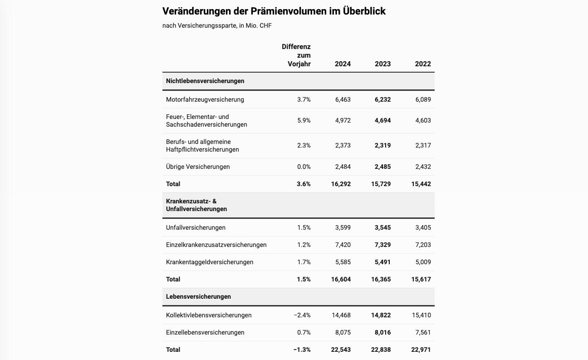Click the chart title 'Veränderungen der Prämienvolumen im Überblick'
pyautogui.click(x=274, y=11)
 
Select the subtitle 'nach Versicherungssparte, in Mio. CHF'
pyautogui.click(x=217, y=25)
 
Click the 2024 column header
pyautogui.click(x=343, y=64)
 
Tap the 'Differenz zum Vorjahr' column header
pyautogui.click(x=297, y=55)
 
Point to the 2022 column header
pyautogui.click(x=423, y=64)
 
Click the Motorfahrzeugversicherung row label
pyautogui.click(x=205, y=99)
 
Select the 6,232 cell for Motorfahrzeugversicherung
pyautogui.click(x=382, y=99)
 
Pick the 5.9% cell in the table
pyautogui.click(x=304, y=120)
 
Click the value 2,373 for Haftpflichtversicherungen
pyautogui.click(x=343, y=145)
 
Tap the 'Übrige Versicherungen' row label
pyautogui.click(x=198, y=167)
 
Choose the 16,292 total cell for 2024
pyautogui.click(x=341, y=184)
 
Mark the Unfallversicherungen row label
pyautogui.click(x=196, y=227)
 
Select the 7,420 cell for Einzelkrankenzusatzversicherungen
pyautogui.click(x=343, y=245)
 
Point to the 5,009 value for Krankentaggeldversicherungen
pyautogui.click(x=423, y=262)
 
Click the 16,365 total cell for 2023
pyautogui.click(x=381, y=279)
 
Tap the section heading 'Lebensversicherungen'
pyautogui.click(x=198, y=296)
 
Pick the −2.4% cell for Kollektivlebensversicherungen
pyautogui.click(x=302, y=315)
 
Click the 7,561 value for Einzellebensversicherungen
pyautogui.click(x=423, y=332)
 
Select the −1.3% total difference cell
pyautogui.click(x=302, y=350)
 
